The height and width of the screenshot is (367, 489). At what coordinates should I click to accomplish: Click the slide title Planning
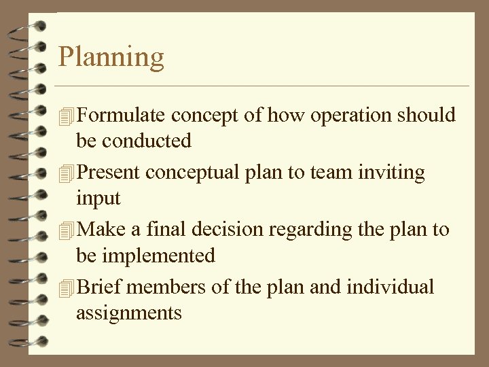pos(111,58)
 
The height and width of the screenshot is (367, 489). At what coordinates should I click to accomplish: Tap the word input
pos(98,199)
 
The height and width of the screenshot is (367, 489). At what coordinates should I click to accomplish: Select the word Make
pos(101,230)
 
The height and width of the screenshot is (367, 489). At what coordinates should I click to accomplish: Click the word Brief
pos(100,287)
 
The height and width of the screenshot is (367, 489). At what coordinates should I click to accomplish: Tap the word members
pos(167,287)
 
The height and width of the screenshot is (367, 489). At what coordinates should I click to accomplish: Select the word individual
pos(390,287)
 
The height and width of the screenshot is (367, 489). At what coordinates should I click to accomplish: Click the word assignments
pos(129,313)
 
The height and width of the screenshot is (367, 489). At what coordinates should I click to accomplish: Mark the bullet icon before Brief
pos(66,288)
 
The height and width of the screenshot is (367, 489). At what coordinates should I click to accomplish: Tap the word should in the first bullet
pos(427,116)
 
